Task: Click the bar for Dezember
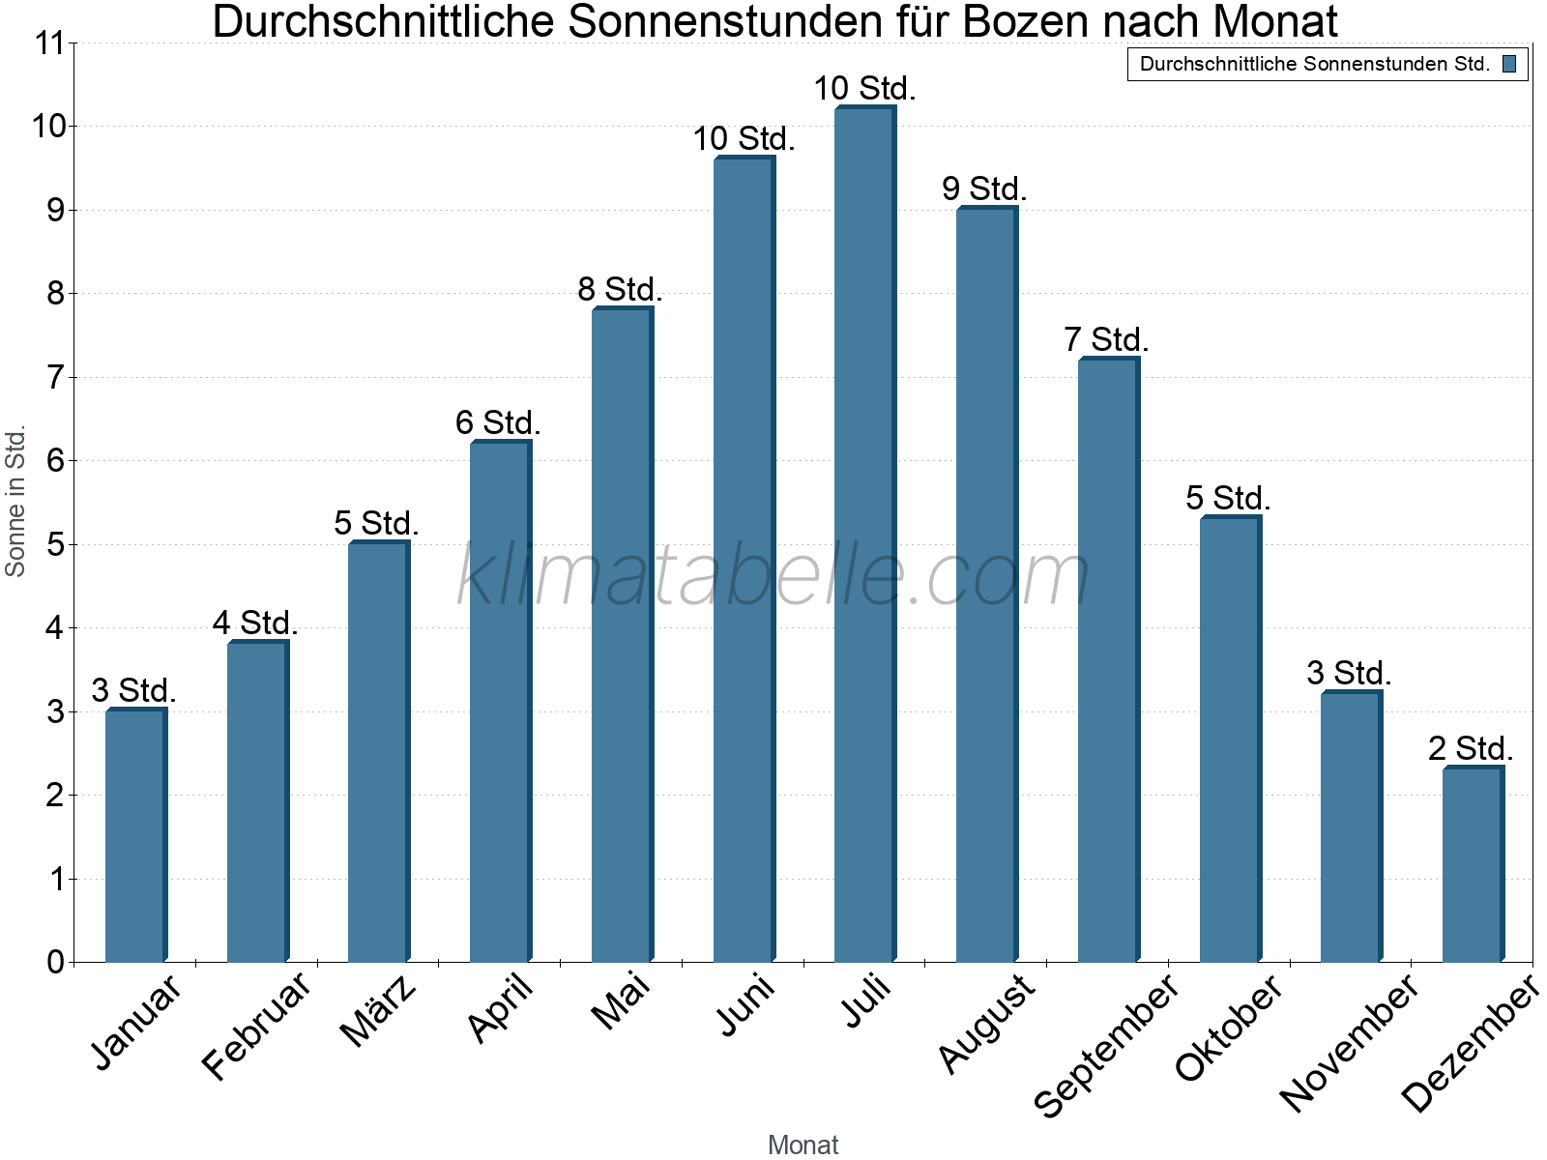pyautogui.click(x=1473, y=864)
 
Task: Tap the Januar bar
pyautogui.click(x=135, y=835)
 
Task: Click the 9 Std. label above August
pyautogui.click(x=984, y=188)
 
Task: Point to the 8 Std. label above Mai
pyautogui.click(x=620, y=289)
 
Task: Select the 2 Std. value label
pyautogui.click(x=1471, y=748)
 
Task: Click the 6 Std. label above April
pyautogui.click(x=498, y=422)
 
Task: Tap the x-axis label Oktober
pyautogui.click(x=1229, y=1028)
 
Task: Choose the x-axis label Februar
pyautogui.click(x=257, y=1026)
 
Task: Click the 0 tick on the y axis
pyautogui.click(x=54, y=962)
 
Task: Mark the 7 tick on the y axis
pyautogui.click(x=54, y=377)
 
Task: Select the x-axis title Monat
pyautogui.click(x=803, y=1145)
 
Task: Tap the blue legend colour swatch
pyautogui.click(x=1509, y=64)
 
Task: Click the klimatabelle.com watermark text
pyautogui.click(x=773, y=576)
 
